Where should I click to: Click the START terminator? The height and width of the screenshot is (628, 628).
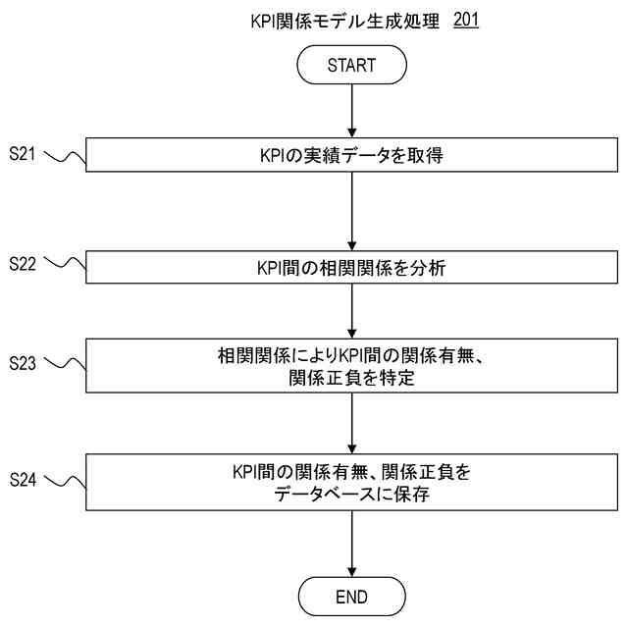coord(352,67)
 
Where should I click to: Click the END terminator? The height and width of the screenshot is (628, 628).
coord(352,595)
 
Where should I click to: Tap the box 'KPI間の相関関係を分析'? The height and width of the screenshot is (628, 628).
coord(352,267)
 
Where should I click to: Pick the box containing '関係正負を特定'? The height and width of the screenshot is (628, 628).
coord(352,368)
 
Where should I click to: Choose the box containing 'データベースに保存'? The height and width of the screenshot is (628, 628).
coord(352,483)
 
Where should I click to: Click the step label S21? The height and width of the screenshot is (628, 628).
coord(23,153)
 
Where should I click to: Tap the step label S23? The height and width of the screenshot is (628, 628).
coord(23,363)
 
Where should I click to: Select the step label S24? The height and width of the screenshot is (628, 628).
coord(23,479)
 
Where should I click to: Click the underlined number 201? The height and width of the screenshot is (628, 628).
coord(467,19)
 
